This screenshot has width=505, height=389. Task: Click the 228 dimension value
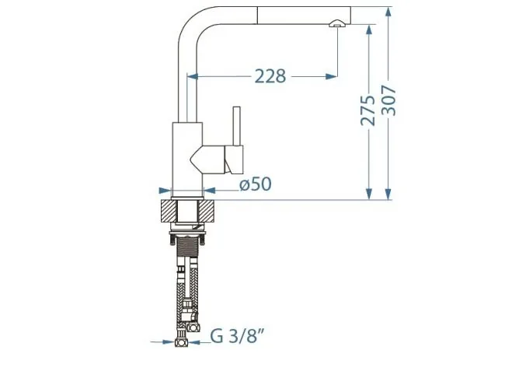[x=270, y=76]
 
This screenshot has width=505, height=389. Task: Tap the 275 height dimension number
[x=367, y=110]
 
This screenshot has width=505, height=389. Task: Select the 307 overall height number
[x=388, y=100]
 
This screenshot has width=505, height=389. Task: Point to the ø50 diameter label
[x=256, y=184]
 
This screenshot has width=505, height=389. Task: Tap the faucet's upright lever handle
[x=237, y=126]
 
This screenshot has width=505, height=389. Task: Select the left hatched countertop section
[x=169, y=211]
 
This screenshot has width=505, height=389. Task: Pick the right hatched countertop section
[x=207, y=211]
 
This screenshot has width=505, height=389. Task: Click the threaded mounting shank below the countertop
[x=187, y=247]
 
